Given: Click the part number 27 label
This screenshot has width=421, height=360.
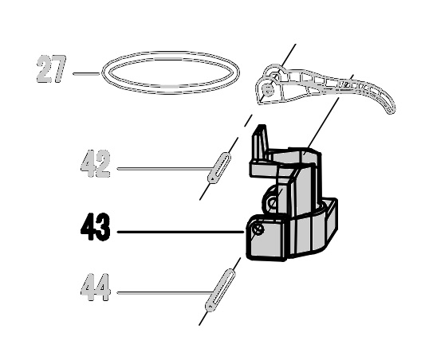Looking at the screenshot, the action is (51, 69).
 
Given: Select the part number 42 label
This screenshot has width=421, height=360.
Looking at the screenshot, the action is (96, 164).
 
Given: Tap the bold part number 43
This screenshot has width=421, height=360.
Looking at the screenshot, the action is (96, 227).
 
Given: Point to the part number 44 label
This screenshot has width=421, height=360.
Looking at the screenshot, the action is (96, 288).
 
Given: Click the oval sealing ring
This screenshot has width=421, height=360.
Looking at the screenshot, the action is (170, 52).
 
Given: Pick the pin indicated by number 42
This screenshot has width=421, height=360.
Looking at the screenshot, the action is (219, 168).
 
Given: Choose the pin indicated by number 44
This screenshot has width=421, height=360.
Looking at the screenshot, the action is (220, 291).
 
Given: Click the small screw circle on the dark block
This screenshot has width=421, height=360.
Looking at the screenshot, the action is (258, 229).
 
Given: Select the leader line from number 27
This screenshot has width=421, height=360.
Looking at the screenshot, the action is (86, 73).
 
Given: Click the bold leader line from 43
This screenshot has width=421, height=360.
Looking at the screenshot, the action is (181, 232).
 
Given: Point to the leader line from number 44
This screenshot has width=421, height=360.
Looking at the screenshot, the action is (163, 292).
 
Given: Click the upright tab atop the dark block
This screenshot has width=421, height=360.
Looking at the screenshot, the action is (260, 143).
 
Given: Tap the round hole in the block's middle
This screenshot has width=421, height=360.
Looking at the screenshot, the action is (273, 202).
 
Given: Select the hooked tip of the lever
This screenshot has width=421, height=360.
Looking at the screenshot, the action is (390, 108).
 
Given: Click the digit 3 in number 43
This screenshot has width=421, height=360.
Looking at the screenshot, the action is (103, 227).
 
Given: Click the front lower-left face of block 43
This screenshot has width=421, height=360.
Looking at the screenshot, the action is (267, 238).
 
